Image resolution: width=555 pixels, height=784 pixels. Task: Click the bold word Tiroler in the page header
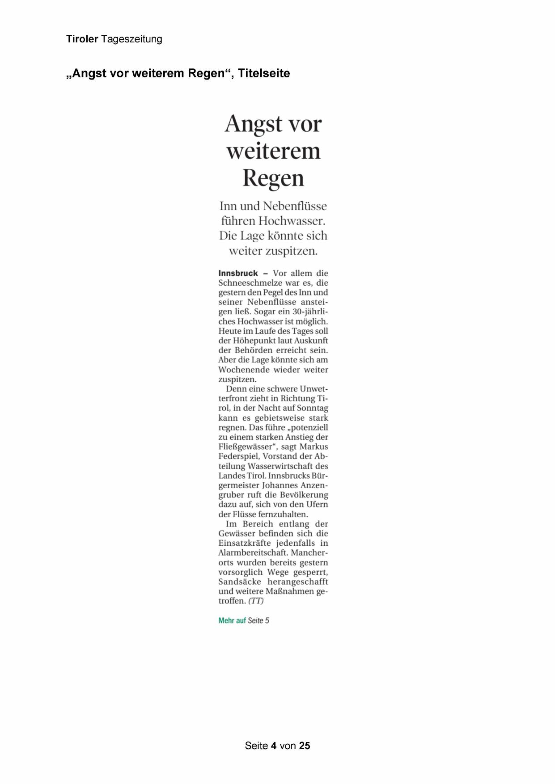82,39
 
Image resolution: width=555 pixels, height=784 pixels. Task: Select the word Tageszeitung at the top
131,39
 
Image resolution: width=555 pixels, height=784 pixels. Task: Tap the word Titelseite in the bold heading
264,73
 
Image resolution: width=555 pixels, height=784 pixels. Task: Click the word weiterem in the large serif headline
273,151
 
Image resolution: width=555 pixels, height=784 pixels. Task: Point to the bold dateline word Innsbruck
238,273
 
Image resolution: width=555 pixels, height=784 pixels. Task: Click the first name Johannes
280,485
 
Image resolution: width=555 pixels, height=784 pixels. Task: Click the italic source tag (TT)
256,601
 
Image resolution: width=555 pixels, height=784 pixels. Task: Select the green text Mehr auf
232,620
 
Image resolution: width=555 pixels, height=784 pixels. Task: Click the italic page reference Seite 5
258,620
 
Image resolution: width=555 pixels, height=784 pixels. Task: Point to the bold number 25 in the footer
305,746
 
